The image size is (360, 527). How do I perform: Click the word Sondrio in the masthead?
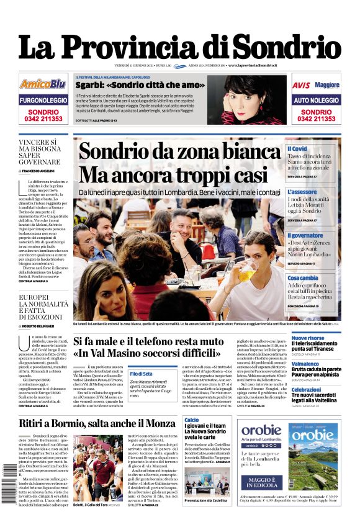click(x=289, y=47)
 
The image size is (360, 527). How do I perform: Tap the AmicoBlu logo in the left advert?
click(x=42, y=84)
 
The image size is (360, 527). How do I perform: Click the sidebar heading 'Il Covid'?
click(x=297, y=149)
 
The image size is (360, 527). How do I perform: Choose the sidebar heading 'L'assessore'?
click(x=302, y=192)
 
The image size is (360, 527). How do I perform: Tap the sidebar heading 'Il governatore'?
click(x=305, y=236)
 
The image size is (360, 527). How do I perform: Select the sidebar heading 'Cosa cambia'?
click(x=303, y=278)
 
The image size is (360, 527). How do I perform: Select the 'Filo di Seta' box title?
click(x=141, y=374)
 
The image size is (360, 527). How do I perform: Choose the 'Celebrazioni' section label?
click(x=307, y=390)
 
